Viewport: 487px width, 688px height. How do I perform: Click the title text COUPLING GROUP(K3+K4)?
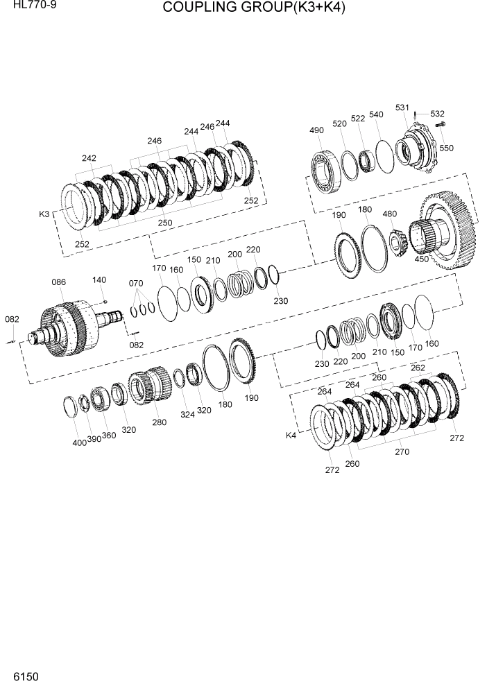point(254,8)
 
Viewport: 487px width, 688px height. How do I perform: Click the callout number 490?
point(316,131)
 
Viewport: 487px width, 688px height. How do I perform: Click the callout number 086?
point(58,282)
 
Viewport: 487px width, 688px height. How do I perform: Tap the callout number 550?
point(446,148)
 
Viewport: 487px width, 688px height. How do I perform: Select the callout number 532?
point(437,114)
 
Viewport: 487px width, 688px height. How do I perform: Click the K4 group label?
point(291,436)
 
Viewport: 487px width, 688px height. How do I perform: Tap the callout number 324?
point(187,415)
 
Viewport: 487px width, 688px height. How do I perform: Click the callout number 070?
point(136,283)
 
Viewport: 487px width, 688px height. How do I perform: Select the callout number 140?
point(99,280)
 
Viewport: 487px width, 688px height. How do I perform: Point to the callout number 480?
point(389,214)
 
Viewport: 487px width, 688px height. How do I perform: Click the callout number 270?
point(402,452)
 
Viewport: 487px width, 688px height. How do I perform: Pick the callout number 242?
point(89,159)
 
